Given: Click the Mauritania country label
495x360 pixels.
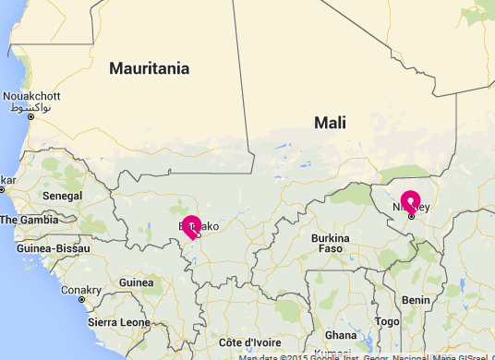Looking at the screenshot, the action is (149, 68).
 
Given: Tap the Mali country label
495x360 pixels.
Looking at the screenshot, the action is (330, 121).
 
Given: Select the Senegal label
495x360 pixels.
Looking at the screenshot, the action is (62, 197).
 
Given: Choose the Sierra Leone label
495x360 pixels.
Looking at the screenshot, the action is (118, 322).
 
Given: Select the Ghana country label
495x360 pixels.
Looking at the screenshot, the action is (341, 334).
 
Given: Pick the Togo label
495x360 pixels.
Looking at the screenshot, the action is (388, 321).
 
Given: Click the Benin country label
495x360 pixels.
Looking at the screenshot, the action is (416, 300).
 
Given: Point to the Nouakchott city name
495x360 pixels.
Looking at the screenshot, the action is (31, 96).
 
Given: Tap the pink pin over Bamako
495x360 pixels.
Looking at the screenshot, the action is (191, 225).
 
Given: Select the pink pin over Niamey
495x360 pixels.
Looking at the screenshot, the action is (410, 201).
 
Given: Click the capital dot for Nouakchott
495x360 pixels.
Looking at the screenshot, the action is (30, 117).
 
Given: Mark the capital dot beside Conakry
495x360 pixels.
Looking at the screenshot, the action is (81, 300).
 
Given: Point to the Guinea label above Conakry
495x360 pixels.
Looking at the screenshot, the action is (137, 282).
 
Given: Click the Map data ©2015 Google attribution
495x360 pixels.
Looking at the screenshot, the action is (286, 356).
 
